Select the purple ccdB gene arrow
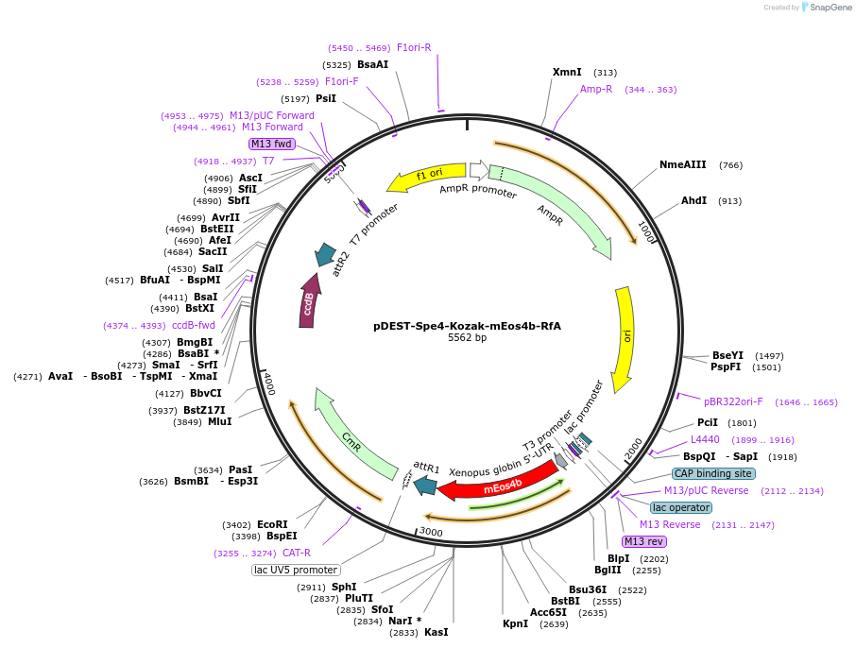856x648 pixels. click(x=308, y=300)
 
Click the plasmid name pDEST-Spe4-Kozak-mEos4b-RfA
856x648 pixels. click(x=467, y=326)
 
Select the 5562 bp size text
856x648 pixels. click(x=467, y=338)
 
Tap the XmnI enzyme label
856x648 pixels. click(x=567, y=73)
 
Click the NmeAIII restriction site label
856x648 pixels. click(x=682, y=165)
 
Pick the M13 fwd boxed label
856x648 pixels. click(x=272, y=144)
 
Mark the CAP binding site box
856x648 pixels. click(x=713, y=473)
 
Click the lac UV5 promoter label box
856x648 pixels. click(x=296, y=570)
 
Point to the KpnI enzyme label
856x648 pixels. click(x=515, y=623)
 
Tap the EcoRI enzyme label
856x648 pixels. click(x=272, y=524)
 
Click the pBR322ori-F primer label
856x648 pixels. click(x=733, y=401)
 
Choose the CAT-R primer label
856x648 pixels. click(x=296, y=553)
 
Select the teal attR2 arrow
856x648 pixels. click(x=326, y=253)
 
